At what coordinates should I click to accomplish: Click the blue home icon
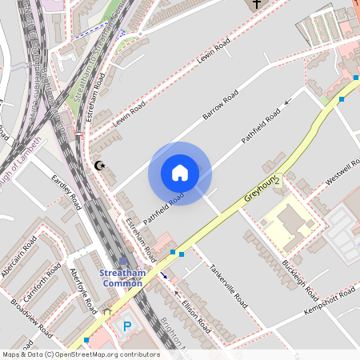180,173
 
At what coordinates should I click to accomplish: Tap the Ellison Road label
197,318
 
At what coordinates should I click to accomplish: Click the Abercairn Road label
19,258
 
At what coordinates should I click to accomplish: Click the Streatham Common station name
122,277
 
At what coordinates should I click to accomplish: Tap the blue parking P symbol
126,326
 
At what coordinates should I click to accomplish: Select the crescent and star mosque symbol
99,166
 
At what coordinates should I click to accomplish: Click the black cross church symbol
256,5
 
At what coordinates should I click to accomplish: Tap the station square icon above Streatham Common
122,261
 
